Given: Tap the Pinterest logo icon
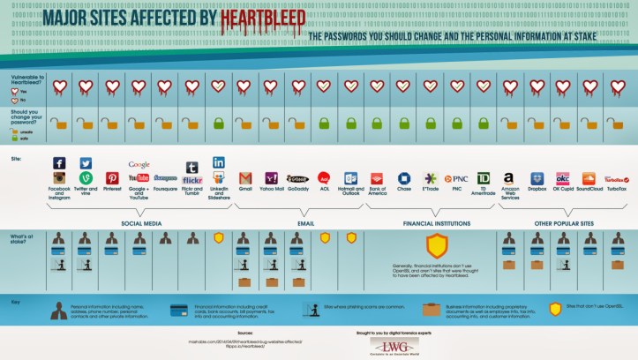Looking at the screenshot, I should click(x=112, y=177).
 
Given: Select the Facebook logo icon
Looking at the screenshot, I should click(x=59, y=163).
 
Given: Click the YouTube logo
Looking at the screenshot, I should click(x=139, y=177).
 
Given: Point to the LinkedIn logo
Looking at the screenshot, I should click(x=218, y=162).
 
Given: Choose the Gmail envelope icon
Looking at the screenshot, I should click(x=245, y=177).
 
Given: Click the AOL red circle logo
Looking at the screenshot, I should click(x=324, y=177).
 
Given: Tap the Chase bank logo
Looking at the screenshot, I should click(x=404, y=177).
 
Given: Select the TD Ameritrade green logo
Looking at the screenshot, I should click(x=483, y=177).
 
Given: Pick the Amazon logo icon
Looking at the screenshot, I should click(x=508, y=177).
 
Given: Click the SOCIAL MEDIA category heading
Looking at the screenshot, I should click(x=140, y=224).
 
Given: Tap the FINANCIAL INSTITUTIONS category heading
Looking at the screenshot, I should click(x=432, y=224).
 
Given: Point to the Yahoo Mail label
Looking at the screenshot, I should click(x=272, y=189).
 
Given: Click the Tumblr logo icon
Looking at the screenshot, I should click(x=191, y=167).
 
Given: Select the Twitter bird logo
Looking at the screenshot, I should click(x=86, y=163).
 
